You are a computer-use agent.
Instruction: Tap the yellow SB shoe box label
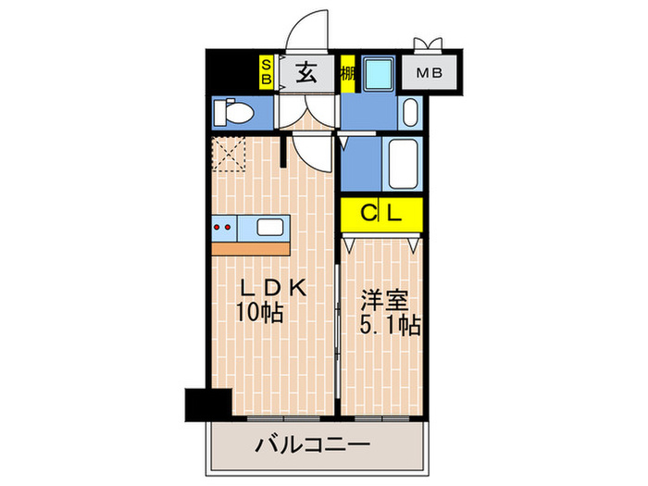tap(266, 72)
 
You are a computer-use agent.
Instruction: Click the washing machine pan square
tap(379, 73)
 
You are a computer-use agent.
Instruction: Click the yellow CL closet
tap(380, 215)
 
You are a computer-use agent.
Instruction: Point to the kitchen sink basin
tap(270, 227)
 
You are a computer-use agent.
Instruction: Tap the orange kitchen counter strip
tap(251, 247)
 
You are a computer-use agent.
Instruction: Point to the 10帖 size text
tap(258, 312)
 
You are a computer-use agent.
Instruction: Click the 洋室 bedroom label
tap(380, 302)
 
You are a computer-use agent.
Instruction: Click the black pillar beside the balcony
tap(207, 404)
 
